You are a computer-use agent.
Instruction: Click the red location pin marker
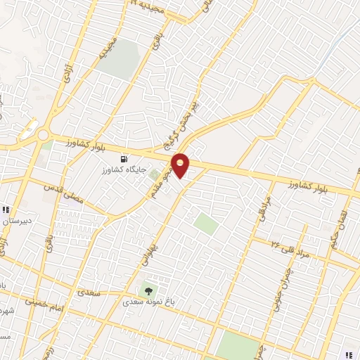(181, 165)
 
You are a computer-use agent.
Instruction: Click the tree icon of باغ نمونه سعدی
(148, 288)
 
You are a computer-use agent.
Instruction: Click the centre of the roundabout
(44, 135)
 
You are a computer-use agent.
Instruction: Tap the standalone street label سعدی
(89, 290)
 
